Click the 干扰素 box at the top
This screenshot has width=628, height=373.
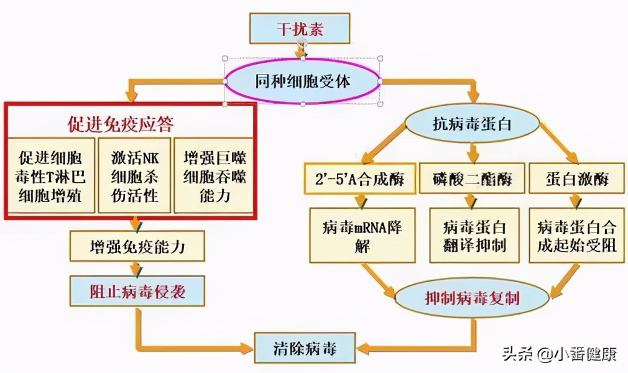[x=300, y=29]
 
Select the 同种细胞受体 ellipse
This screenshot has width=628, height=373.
[x=303, y=81]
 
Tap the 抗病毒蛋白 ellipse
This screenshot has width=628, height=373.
[x=471, y=124]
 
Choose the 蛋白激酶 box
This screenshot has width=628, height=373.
[x=576, y=180]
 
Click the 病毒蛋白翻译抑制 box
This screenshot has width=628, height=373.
[x=474, y=236]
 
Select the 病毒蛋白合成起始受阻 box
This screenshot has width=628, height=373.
[x=578, y=236]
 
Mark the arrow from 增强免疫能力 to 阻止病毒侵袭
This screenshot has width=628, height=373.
[x=136, y=269]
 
